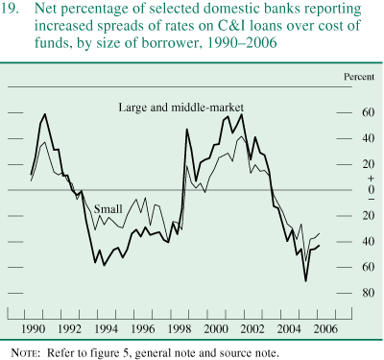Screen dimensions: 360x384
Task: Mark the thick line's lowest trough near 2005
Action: point(306,280)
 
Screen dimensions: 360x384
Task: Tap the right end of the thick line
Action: point(321,245)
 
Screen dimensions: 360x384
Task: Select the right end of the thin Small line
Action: point(321,233)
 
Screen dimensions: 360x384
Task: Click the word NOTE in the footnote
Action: point(23,352)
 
